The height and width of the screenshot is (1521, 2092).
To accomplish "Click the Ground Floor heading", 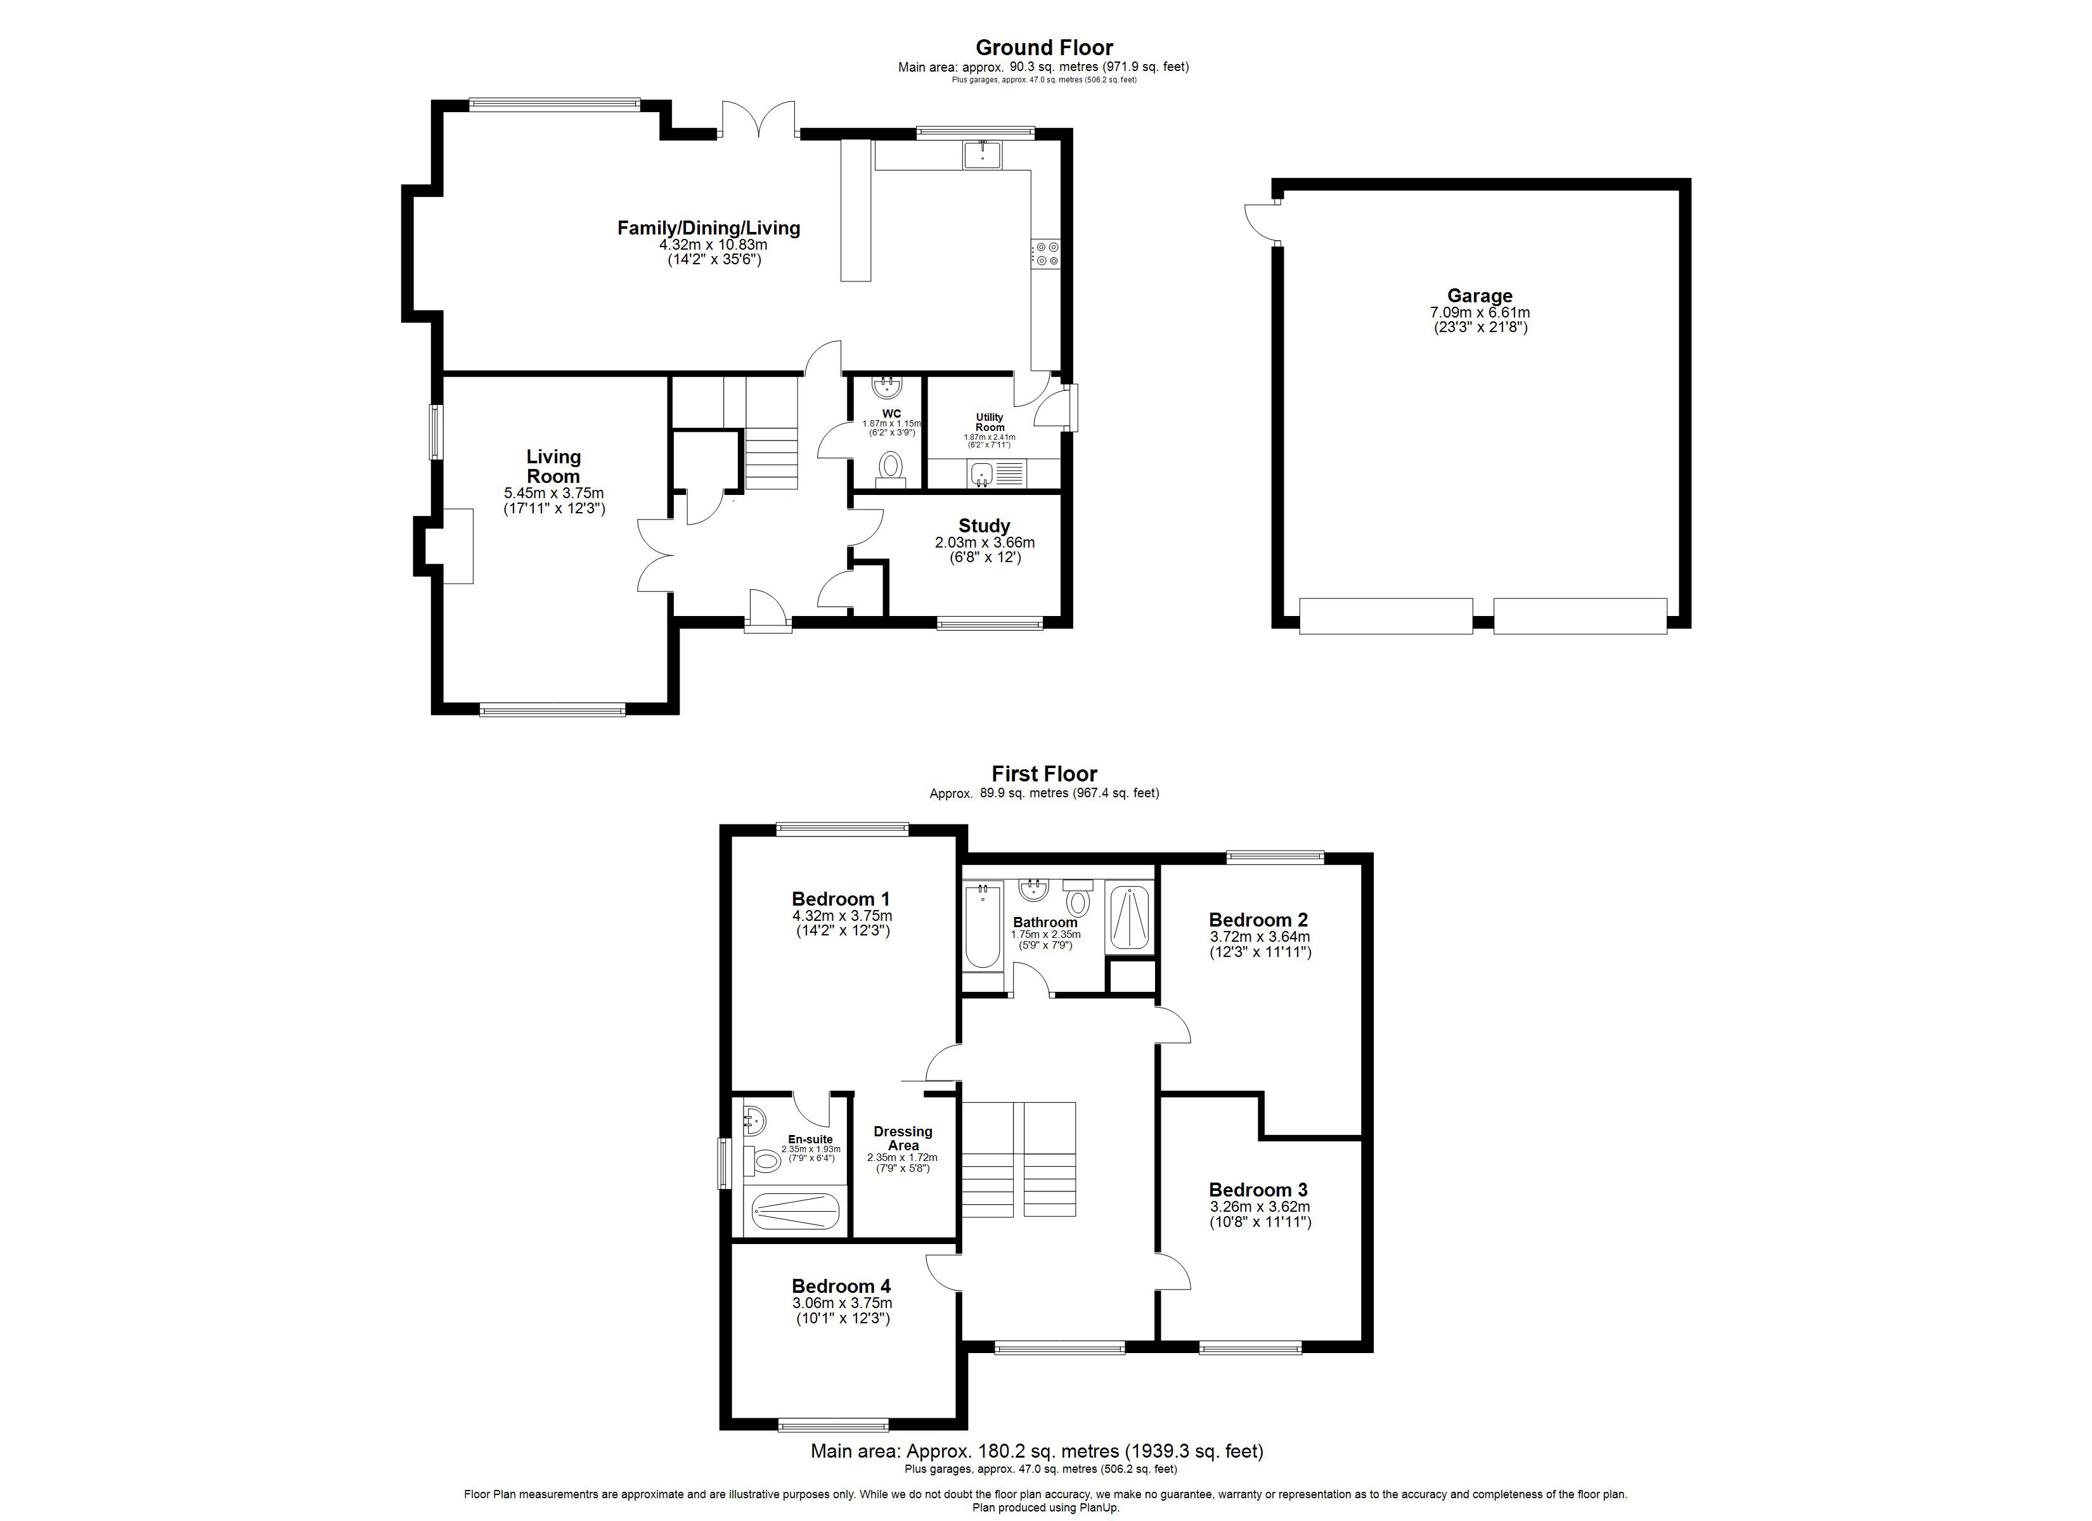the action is (x=1044, y=47).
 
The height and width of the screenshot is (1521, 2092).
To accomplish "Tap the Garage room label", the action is (x=1480, y=295).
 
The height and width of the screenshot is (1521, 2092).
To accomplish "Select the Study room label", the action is (x=985, y=526).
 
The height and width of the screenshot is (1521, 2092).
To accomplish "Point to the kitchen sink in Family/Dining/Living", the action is (x=983, y=155).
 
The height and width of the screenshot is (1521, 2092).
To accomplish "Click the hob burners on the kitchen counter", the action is (x=1047, y=253).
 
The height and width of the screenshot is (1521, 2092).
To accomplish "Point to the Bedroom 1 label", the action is (x=841, y=899).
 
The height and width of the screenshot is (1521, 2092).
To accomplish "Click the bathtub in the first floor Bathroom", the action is (x=983, y=926).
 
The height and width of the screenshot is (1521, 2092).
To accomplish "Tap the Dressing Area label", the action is (x=903, y=1138).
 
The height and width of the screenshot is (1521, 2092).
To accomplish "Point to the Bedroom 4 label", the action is (x=841, y=1286).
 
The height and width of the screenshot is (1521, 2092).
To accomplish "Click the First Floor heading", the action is (x=1044, y=774).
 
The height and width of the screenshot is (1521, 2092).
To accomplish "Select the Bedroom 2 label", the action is (x=1258, y=920).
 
